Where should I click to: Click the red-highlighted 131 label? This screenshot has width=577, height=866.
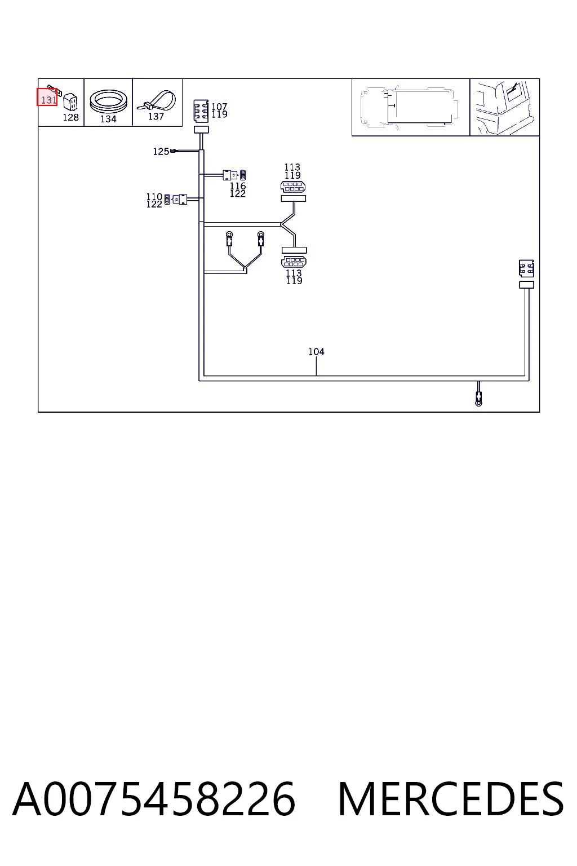pos(47,97)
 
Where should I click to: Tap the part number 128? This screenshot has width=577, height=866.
pos(71,117)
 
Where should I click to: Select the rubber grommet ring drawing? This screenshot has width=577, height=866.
pos(109,101)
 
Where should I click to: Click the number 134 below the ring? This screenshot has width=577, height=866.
pos(108,119)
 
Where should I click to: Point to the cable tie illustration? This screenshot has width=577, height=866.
pos(157,100)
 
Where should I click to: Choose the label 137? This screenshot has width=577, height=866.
pos(156,116)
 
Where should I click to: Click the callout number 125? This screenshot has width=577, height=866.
pos(161,152)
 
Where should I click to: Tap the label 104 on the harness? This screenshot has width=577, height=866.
pos(316,352)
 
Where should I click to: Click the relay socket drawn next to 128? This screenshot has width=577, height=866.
pos(70,102)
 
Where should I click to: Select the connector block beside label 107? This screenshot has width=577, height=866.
pos(201,111)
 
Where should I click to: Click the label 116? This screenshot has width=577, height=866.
pos(238,186)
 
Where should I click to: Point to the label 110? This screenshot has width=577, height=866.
pos(154,197)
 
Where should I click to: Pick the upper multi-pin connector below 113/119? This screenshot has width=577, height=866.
pos(293,187)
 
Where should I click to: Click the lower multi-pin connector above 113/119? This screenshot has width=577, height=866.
pos(294,262)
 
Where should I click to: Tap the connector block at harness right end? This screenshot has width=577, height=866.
pos(526,268)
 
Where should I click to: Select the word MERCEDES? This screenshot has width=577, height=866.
pos(451,799)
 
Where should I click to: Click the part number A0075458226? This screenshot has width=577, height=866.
pos(154,799)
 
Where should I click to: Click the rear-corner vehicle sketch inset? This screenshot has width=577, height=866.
pos(504,107)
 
